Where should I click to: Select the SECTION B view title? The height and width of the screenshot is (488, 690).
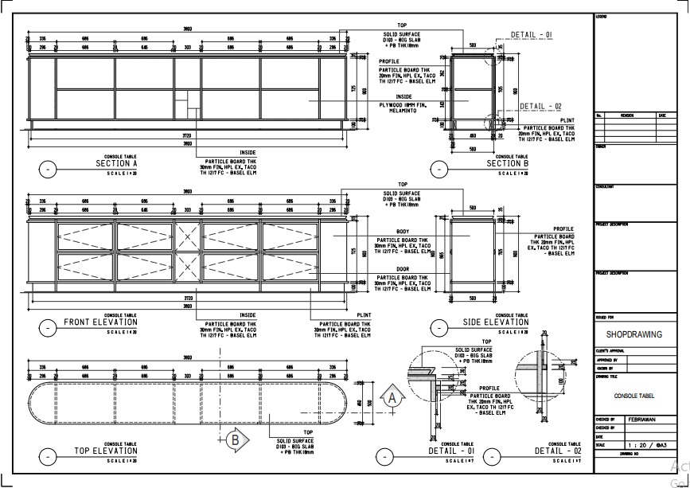click(508, 163)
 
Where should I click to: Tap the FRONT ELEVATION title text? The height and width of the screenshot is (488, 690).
click(103, 322)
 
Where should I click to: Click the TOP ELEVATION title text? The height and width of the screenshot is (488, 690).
click(106, 451)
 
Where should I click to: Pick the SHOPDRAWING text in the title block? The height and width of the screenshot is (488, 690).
click(634, 335)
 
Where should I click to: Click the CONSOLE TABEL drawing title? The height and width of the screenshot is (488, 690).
click(635, 395)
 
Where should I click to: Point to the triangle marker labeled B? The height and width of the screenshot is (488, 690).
click(235, 438)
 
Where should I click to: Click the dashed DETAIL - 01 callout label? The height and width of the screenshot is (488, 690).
click(531, 35)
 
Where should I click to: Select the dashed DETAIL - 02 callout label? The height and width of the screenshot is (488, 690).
click(541, 106)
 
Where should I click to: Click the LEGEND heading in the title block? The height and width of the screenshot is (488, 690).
click(601, 17)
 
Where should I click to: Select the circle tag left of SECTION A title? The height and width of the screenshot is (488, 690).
click(48, 169)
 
